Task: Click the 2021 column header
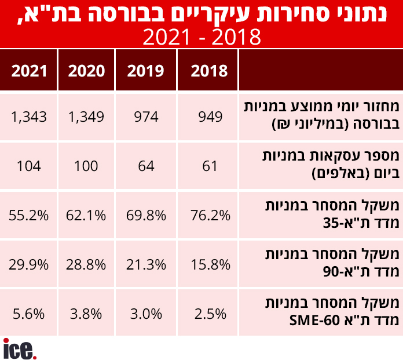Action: coord(29,71)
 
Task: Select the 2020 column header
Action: coord(87,71)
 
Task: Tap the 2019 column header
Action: coord(146,71)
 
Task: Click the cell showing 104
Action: coord(29,166)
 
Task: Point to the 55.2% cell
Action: coord(29,216)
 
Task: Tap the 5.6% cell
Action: coord(29,314)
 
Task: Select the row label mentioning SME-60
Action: coord(319,314)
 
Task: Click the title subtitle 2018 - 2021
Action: coord(201,38)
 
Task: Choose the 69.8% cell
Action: coord(146,216)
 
